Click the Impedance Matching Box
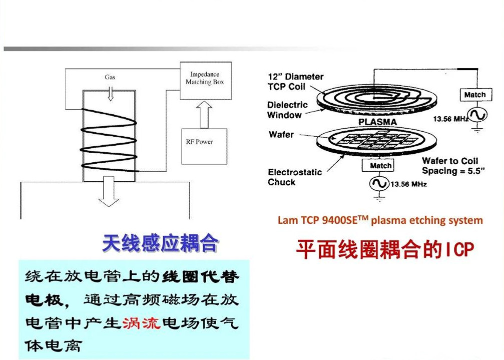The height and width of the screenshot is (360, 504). (x=205, y=79)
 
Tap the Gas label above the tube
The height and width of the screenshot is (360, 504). (x=110, y=77)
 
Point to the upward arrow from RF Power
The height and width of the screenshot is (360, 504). (x=204, y=114)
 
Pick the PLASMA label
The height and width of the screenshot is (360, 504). (x=377, y=122)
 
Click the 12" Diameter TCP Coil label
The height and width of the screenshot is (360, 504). (x=295, y=82)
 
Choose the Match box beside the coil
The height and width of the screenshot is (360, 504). (x=474, y=95)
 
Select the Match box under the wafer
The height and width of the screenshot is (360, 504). (x=381, y=165)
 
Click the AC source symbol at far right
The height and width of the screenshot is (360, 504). (x=477, y=115)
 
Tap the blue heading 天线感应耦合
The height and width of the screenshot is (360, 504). (x=160, y=244)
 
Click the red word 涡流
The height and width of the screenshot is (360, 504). (x=141, y=322)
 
